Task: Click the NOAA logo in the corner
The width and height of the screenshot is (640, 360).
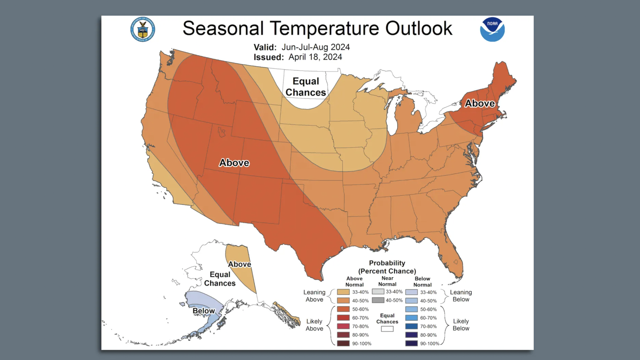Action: (492, 29)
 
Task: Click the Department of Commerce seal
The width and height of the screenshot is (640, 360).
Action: (143, 29)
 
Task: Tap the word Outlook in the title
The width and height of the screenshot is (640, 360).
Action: (419, 28)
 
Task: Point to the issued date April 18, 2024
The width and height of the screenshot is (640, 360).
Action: (315, 57)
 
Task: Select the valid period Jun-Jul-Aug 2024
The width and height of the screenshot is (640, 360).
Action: (315, 47)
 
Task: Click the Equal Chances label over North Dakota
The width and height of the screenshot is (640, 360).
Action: (306, 87)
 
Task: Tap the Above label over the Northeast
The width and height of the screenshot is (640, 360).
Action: (480, 103)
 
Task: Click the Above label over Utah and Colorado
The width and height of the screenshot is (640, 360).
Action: (234, 163)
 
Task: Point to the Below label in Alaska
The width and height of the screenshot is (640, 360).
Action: (204, 311)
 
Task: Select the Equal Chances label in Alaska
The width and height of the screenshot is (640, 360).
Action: (220, 279)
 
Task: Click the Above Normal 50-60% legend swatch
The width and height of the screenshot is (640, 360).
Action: (343, 309)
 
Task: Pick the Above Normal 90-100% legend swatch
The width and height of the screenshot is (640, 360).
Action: (343, 343)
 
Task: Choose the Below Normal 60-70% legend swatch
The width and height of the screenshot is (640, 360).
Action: (411, 318)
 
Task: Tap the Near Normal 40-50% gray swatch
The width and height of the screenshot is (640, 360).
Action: (378, 300)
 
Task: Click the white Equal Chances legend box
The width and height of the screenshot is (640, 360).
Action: (387, 329)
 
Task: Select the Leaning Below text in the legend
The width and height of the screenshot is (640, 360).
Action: (461, 296)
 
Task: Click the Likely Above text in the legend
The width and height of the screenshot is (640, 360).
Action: (314, 325)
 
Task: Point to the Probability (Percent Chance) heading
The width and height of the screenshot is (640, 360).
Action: (387, 267)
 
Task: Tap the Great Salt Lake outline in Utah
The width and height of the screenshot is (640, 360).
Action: (221, 132)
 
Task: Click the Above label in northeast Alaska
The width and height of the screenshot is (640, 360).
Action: (239, 264)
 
